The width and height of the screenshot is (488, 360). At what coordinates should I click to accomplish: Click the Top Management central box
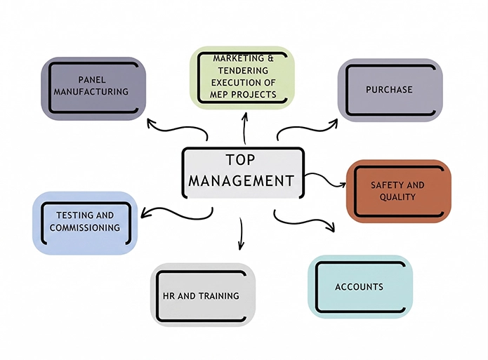[242, 171]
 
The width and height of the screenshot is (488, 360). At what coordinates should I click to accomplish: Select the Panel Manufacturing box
[93, 88]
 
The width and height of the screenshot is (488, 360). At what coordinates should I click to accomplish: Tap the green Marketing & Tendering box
[243, 76]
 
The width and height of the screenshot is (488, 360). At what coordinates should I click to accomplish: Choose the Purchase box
[390, 90]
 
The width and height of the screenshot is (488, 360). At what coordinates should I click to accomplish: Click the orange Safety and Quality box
[397, 191]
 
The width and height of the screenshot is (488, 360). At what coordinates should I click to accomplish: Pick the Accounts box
[360, 286]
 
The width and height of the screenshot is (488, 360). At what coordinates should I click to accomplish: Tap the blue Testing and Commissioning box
[85, 222]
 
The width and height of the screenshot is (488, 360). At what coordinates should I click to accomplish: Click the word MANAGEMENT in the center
[241, 181]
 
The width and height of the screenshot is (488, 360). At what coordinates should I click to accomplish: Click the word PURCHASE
[389, 90]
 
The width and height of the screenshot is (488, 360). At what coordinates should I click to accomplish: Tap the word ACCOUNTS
[359, 286]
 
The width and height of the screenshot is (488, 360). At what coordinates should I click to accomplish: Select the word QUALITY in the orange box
[397, 197]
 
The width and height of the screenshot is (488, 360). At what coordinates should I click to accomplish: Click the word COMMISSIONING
[85, 228]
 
